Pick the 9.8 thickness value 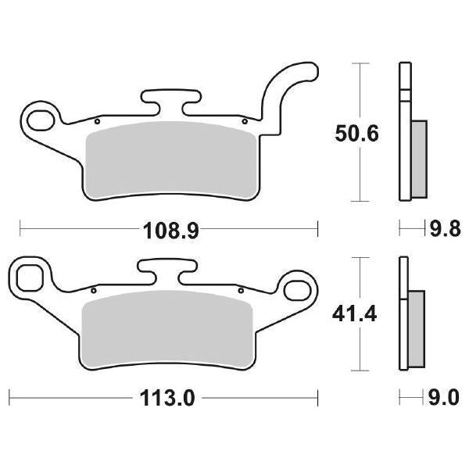[x=442, y=229]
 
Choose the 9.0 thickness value [x=442, y=396]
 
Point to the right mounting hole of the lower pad [x=299, y=288]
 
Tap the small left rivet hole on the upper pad [x=96, y=122]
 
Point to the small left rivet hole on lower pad [x=93, y=292]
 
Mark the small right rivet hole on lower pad [x=240, y=292]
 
